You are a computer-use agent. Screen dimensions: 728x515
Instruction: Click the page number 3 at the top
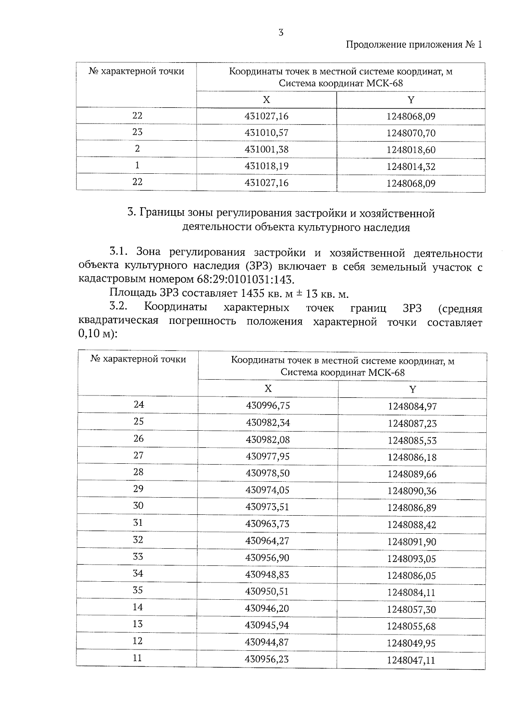tap(281, 32)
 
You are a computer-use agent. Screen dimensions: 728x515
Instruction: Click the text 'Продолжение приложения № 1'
tap(414, 45)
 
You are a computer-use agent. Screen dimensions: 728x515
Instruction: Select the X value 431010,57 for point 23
tap(267, 133)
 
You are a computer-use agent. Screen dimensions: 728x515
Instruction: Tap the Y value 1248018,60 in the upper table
tap(411, 150)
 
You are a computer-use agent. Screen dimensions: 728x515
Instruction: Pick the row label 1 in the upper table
tap(137, 165)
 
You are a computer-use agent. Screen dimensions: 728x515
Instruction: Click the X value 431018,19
tap(267, 166)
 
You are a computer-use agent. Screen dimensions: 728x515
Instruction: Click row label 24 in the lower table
tap(139, 405)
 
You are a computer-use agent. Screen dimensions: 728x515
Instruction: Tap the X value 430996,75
tap(268, 405)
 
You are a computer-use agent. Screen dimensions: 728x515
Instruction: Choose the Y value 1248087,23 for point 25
tap(412, 423)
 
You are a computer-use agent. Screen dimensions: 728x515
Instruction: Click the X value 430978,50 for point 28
tap(268, 473)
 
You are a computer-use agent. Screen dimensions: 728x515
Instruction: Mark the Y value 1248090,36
tap(412, 491)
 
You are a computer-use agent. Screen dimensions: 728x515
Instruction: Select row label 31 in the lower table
tap(138, 523)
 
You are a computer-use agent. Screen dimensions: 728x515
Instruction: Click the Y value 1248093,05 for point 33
tap(412, 559)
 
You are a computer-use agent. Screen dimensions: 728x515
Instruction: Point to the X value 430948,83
tap(267, 574)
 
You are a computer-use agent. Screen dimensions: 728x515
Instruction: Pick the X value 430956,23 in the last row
tap(267, 659)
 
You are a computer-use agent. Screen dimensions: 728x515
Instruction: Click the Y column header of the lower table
tap(412, 389)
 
